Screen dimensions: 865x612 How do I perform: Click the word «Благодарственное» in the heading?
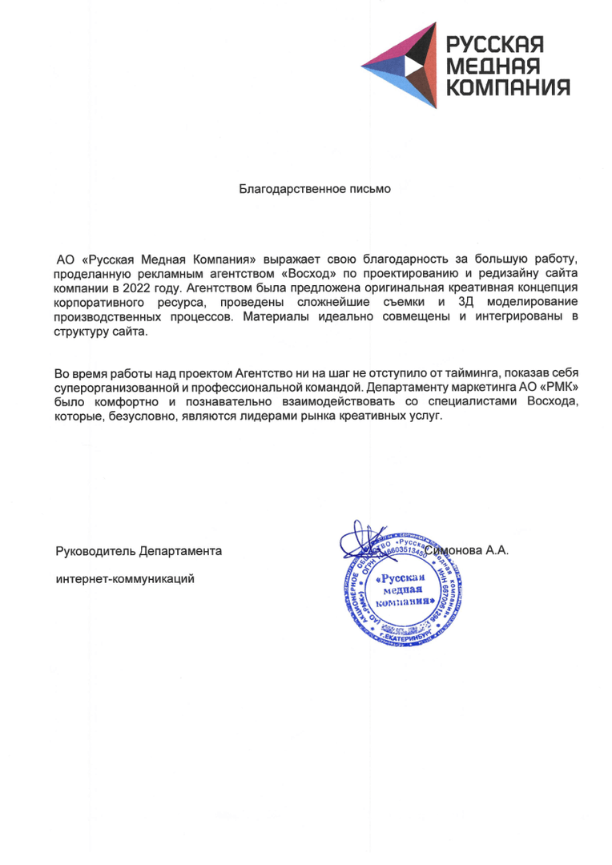click(286, 190)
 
